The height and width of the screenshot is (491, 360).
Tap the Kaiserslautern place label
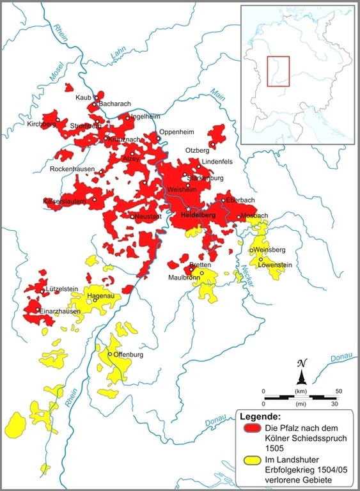[67, 201]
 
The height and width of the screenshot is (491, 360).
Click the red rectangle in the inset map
[279, 71]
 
